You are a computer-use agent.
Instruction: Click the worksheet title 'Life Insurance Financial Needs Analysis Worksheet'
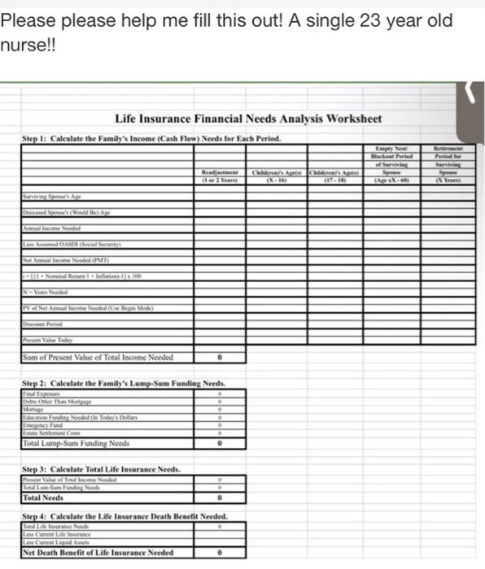[248, 119]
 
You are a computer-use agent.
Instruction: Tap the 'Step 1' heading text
[151, 138]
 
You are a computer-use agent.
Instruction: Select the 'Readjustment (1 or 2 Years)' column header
[220, 176]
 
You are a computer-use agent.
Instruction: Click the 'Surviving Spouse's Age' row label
[52, 196]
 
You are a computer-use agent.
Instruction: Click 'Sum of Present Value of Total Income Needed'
[98, 357]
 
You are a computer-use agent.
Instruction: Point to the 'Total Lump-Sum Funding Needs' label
[76, 444]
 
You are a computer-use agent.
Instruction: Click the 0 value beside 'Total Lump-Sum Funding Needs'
[220, 444]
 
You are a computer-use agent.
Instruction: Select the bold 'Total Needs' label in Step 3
[43, 497]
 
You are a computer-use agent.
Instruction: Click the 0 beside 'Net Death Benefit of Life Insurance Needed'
[220, 553]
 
